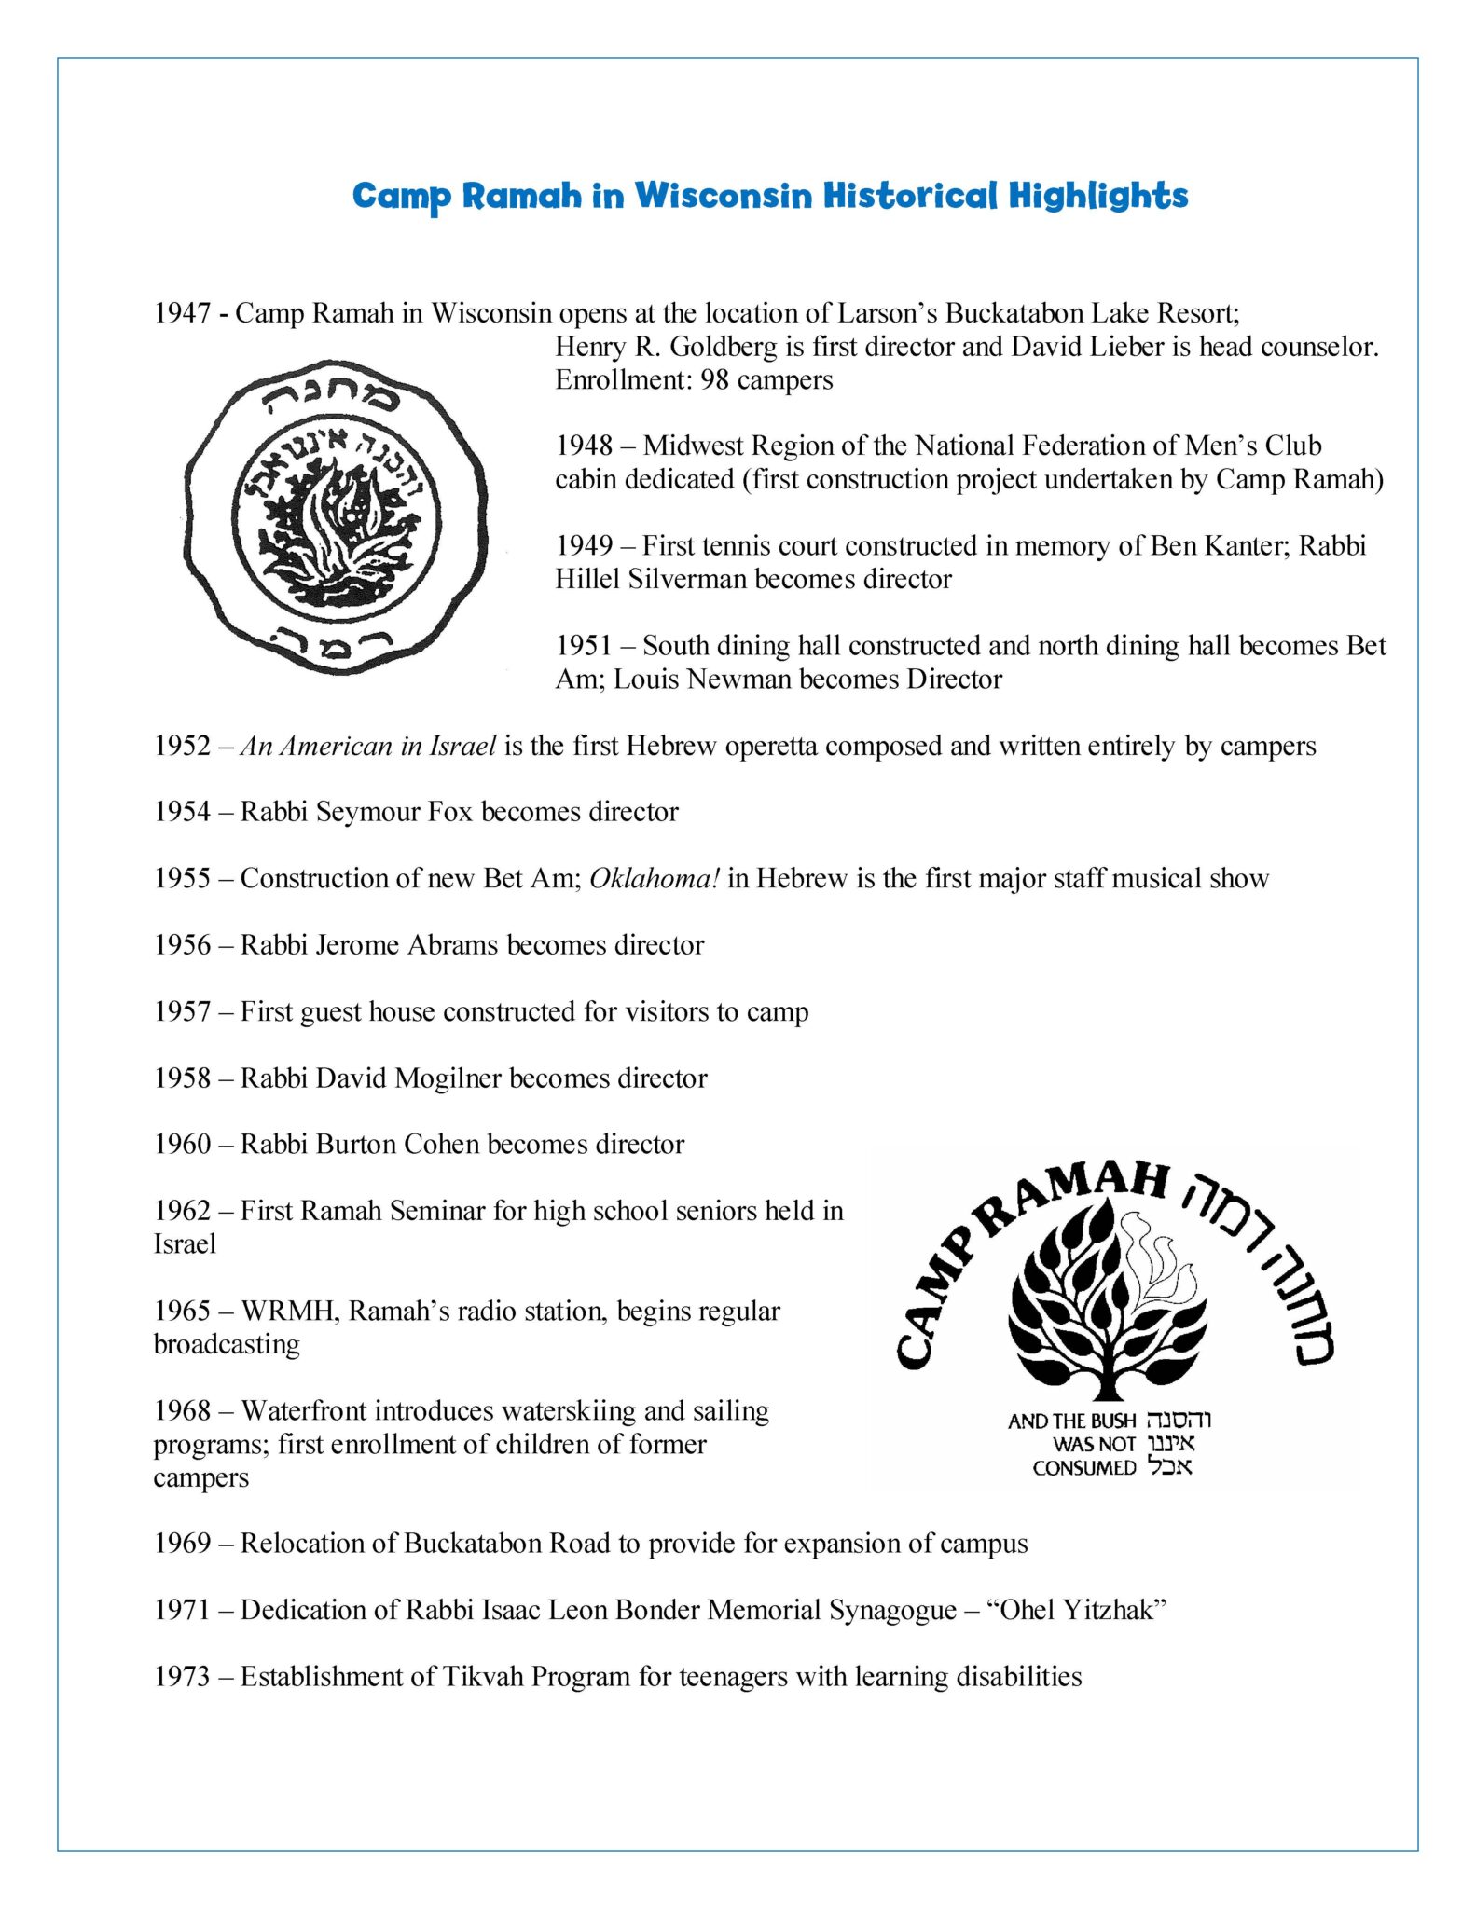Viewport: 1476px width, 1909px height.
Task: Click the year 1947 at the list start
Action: [182, 313]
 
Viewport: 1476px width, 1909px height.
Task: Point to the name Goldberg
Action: [724, 347]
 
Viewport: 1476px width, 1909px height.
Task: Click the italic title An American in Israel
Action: [368, 746]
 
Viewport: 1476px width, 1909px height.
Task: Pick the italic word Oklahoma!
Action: [655, 878]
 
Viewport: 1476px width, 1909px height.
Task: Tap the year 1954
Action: [182, 812]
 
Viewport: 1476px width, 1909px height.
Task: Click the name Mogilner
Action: [448, 1078]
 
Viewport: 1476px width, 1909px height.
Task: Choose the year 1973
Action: [182, 1677]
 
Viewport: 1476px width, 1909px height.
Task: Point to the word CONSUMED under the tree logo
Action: [1083, 1468]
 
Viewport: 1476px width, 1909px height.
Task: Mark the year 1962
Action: [182, 1211]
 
